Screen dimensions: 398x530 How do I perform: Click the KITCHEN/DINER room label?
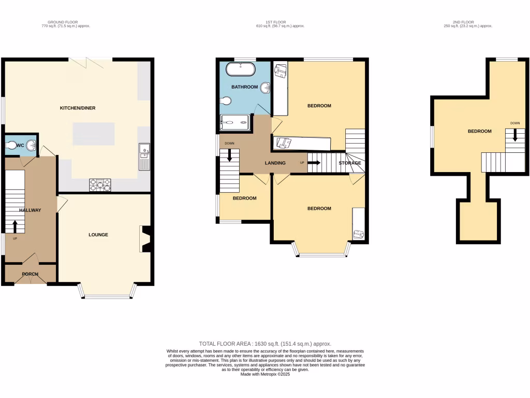coord(78,108)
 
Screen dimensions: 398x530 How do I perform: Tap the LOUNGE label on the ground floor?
coord(98,235)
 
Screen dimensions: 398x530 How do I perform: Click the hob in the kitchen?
coord(100,184)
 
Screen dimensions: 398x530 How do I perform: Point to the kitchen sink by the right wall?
coord(144,157)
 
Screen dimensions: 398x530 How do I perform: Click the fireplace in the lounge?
coord(145,239)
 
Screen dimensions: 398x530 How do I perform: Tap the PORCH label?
coord(31,274)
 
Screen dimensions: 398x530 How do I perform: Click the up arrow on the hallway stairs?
coord(14,226)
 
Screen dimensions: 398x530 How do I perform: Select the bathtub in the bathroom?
coord(241,69)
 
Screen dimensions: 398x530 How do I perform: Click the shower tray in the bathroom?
coord(235,123)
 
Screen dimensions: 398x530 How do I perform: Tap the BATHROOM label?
coord(244,87)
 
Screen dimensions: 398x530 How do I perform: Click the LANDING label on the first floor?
coord(275,163)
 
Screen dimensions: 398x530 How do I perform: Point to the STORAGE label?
coord(350,163)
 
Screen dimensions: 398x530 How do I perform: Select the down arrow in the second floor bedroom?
coord(515,135)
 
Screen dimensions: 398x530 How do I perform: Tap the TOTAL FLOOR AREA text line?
coord(265,344)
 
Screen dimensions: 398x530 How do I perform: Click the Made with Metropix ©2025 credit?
coord(265,374)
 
